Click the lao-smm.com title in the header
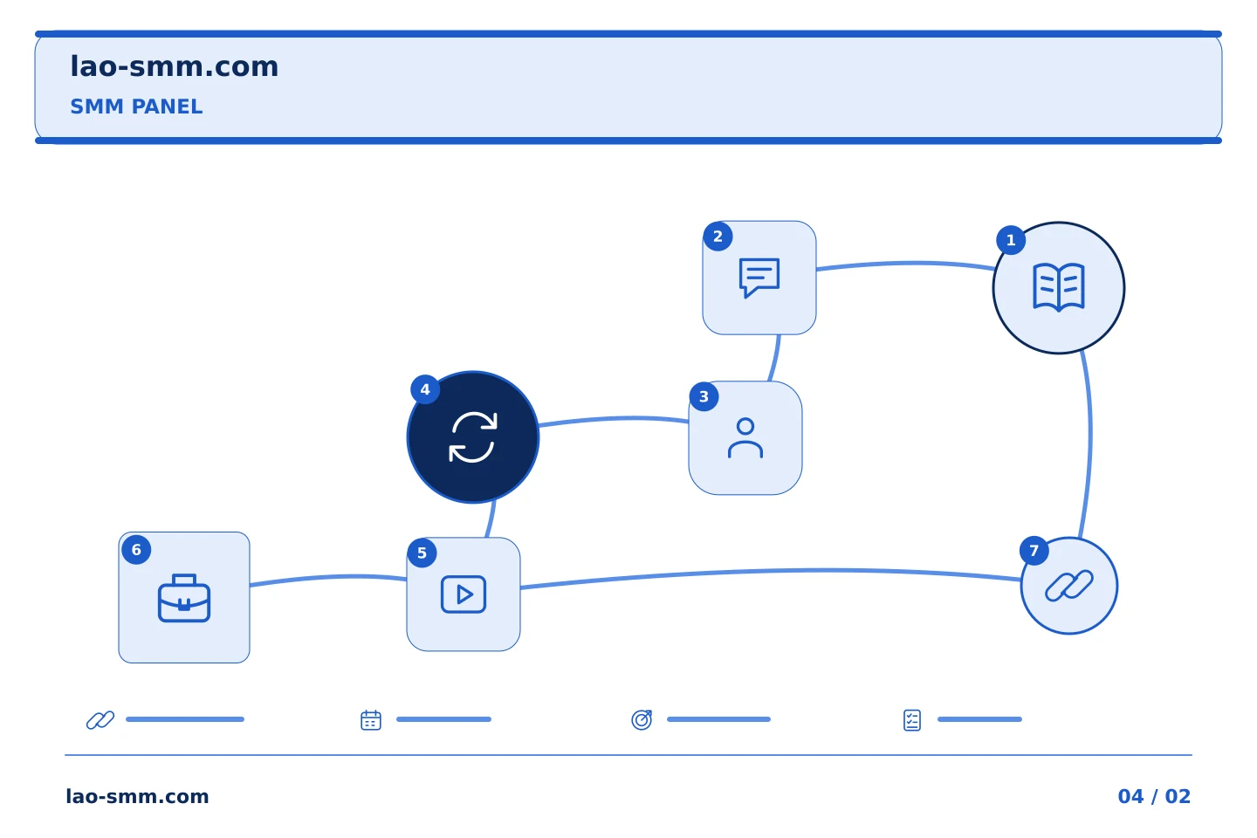point(174,67)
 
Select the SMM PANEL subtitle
point(136,106)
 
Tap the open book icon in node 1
point(1058,287)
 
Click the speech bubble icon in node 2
point(759,278)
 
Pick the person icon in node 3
point(745,438)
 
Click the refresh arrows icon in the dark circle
point(473,437)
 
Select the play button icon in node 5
point(464,594)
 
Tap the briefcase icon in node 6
point(184,598)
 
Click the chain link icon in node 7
point(1069,586)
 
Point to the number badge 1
point(1011,240)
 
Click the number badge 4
point(425,389)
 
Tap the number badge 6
point(136,549)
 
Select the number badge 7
point(1034,551)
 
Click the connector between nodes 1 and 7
point(1090,443)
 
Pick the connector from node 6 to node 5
point(328,578)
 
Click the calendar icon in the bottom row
point(371,720)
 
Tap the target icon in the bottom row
point(642,719)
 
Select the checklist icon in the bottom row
point(912,720)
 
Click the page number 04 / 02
point(1154,796)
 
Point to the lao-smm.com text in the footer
point(138,796)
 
